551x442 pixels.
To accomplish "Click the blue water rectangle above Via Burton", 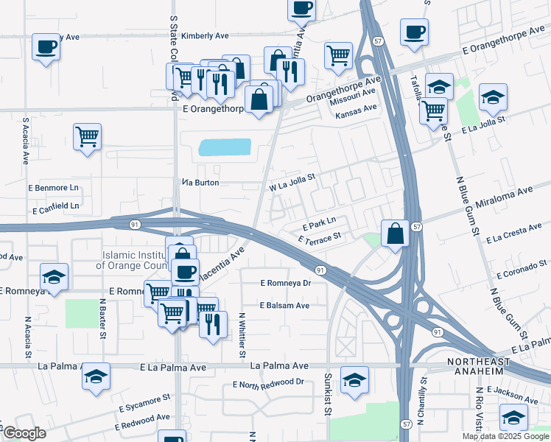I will pyautogui.click(x=224, y=147).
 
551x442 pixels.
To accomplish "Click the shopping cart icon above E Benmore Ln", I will pyautogui.click(x=87, y=136).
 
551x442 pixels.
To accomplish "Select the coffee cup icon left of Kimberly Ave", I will pyautogui.click(x=46, y=47).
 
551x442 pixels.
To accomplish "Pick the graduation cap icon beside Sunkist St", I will pyautogui.click(x=355, y=379).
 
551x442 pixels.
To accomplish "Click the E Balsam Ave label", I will pyautogui.click(x=284, y=305).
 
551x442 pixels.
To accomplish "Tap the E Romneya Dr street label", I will pyautogui.click(x=287, y=282).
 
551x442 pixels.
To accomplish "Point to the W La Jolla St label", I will pyautogui.click(x=292, y=182).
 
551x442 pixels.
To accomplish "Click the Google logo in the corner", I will pyautogui.click(x=24, y=433).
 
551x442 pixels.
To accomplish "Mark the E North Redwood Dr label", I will pyautogui.click(x=268, y=383).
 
